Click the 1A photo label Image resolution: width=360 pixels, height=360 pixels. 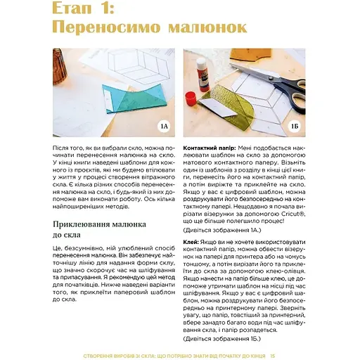pos(164,126)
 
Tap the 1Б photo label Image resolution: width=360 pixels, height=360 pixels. pos(295,126)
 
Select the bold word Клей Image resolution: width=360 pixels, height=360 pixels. pos(192,241)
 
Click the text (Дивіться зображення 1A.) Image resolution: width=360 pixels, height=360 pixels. pos(221,230)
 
